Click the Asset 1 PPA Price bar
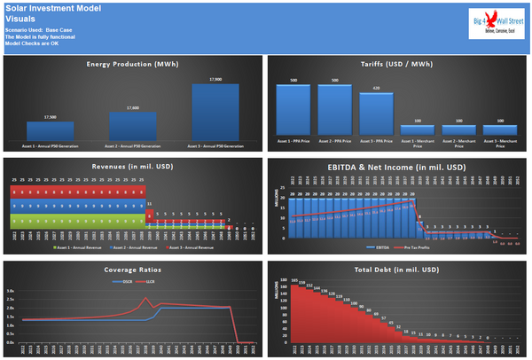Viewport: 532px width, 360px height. (294, 110)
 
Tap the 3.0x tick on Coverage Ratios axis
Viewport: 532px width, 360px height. (11, 290)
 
